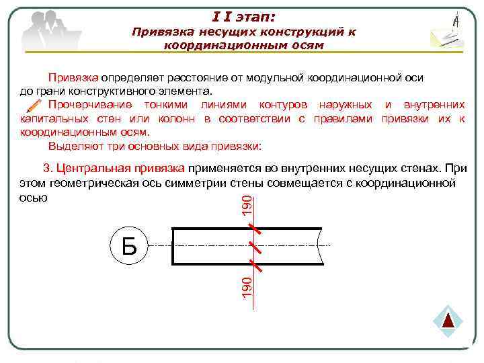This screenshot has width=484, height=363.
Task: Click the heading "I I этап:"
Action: pos(243,14)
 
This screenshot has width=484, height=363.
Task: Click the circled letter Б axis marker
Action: pos(129,246)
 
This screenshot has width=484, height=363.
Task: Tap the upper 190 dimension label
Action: pos(247,206)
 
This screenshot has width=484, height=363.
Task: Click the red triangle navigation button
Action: pos(449,320)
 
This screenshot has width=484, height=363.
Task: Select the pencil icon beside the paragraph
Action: pos(32,105)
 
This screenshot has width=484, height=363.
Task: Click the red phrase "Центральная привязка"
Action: pos(121,169)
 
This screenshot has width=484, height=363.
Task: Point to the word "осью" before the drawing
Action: pos(34,198)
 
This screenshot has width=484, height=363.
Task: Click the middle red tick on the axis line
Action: pos(255,246)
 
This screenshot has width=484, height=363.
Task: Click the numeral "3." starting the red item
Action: pos(48,169)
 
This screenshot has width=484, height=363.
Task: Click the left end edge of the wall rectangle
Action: pos(173,246)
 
